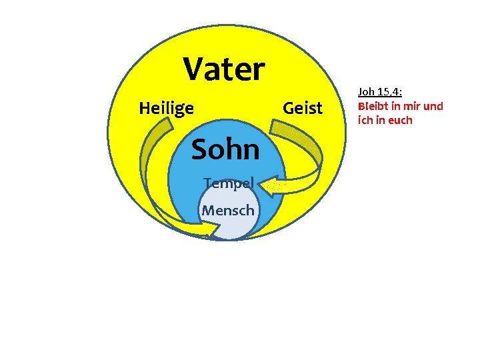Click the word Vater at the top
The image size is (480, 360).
coord(225,68)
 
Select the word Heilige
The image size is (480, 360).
coord(166,107)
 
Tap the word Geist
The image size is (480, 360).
coord(303,107)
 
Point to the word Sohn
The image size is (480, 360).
coord(225,150)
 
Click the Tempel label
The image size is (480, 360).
coord(228,183)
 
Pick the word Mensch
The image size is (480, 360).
coord(228,211)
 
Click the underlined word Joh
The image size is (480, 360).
coord(367,92)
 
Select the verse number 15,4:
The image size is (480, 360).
coord(391,92)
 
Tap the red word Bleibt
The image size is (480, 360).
coord(373,106)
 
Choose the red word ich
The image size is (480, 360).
coord(365,120)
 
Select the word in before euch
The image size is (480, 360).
coord(381,120)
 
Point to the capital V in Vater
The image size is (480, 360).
coord(195,68)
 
